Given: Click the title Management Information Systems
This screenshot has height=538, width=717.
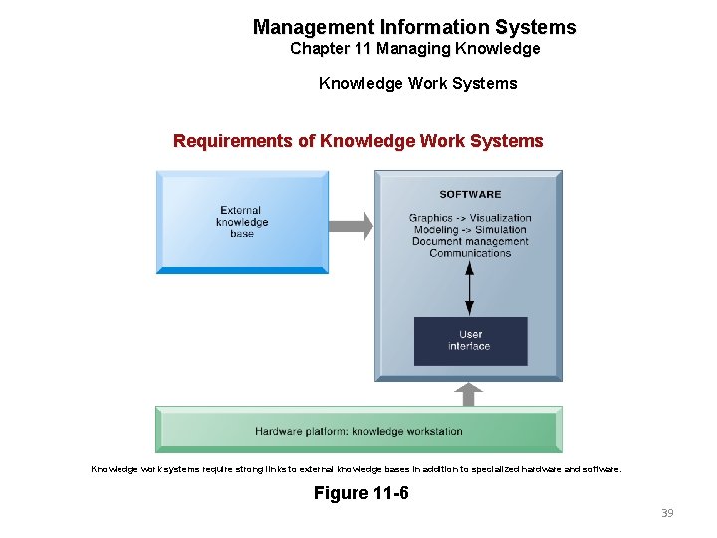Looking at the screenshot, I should coord(414,27).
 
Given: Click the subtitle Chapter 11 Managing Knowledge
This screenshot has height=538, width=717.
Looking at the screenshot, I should coord(414,49).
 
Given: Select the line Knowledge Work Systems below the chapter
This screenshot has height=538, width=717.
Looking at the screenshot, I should coord(417,83).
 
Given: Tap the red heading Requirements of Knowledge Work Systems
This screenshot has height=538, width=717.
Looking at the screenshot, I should coord(358,141).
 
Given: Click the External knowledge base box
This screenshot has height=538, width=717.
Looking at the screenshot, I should coord(242,221).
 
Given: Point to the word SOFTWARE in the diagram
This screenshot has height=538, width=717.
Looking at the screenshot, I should coord(470,194).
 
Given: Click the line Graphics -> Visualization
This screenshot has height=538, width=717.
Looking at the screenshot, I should coord(470,218).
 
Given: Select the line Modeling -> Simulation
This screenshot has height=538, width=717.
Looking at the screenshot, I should coord(470,230).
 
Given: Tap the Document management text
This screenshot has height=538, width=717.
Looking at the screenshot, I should coord(470,242).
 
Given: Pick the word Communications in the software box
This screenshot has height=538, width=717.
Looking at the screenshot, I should coord(470,253).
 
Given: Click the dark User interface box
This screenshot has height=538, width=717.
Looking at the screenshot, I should coord(470,341).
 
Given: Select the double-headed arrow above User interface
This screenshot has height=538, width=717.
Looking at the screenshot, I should coord(470,289).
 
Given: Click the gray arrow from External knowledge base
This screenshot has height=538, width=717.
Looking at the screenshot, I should coord(351,226).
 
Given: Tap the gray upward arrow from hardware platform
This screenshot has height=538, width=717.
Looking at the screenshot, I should coord(469,395).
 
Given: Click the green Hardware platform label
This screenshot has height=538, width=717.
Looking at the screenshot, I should coord(358,431).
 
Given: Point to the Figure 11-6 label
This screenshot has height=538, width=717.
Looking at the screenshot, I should coord(360,493).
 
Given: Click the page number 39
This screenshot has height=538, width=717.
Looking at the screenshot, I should coord(667,513).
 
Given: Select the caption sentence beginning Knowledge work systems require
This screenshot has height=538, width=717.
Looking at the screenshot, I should coord(356,468).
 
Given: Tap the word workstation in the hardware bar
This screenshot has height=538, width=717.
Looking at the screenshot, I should coord(435,431).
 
